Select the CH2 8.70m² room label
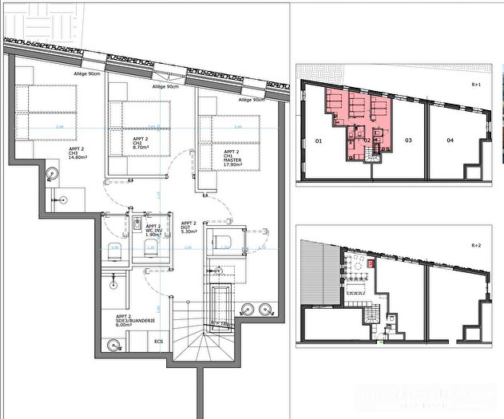pos(145,143)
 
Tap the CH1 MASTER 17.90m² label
pos(233,155)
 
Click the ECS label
pos(159,341)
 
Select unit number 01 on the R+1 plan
pos(318,141)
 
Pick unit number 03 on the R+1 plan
pos(407,141)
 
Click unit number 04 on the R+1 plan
pos(450,141)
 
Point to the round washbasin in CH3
pos(53,171)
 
